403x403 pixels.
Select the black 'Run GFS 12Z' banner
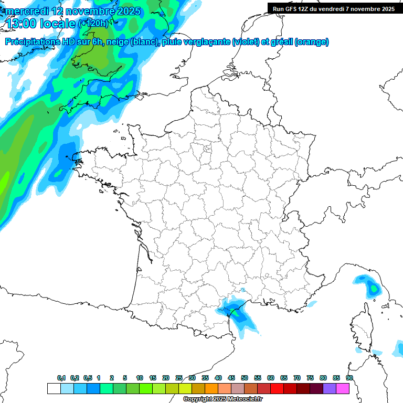click(x=334, y=8)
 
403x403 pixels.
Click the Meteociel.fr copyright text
click(x=222, y=399)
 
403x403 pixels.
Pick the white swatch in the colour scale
click(x=54, y=388)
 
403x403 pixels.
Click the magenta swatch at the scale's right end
click(x=343, y=388)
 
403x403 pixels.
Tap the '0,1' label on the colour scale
click(x=61, y=378)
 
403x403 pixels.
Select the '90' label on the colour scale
click(x=349, y=378)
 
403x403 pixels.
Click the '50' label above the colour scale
click(x=245, y=378)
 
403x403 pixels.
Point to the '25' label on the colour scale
click(x=179, y=378)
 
